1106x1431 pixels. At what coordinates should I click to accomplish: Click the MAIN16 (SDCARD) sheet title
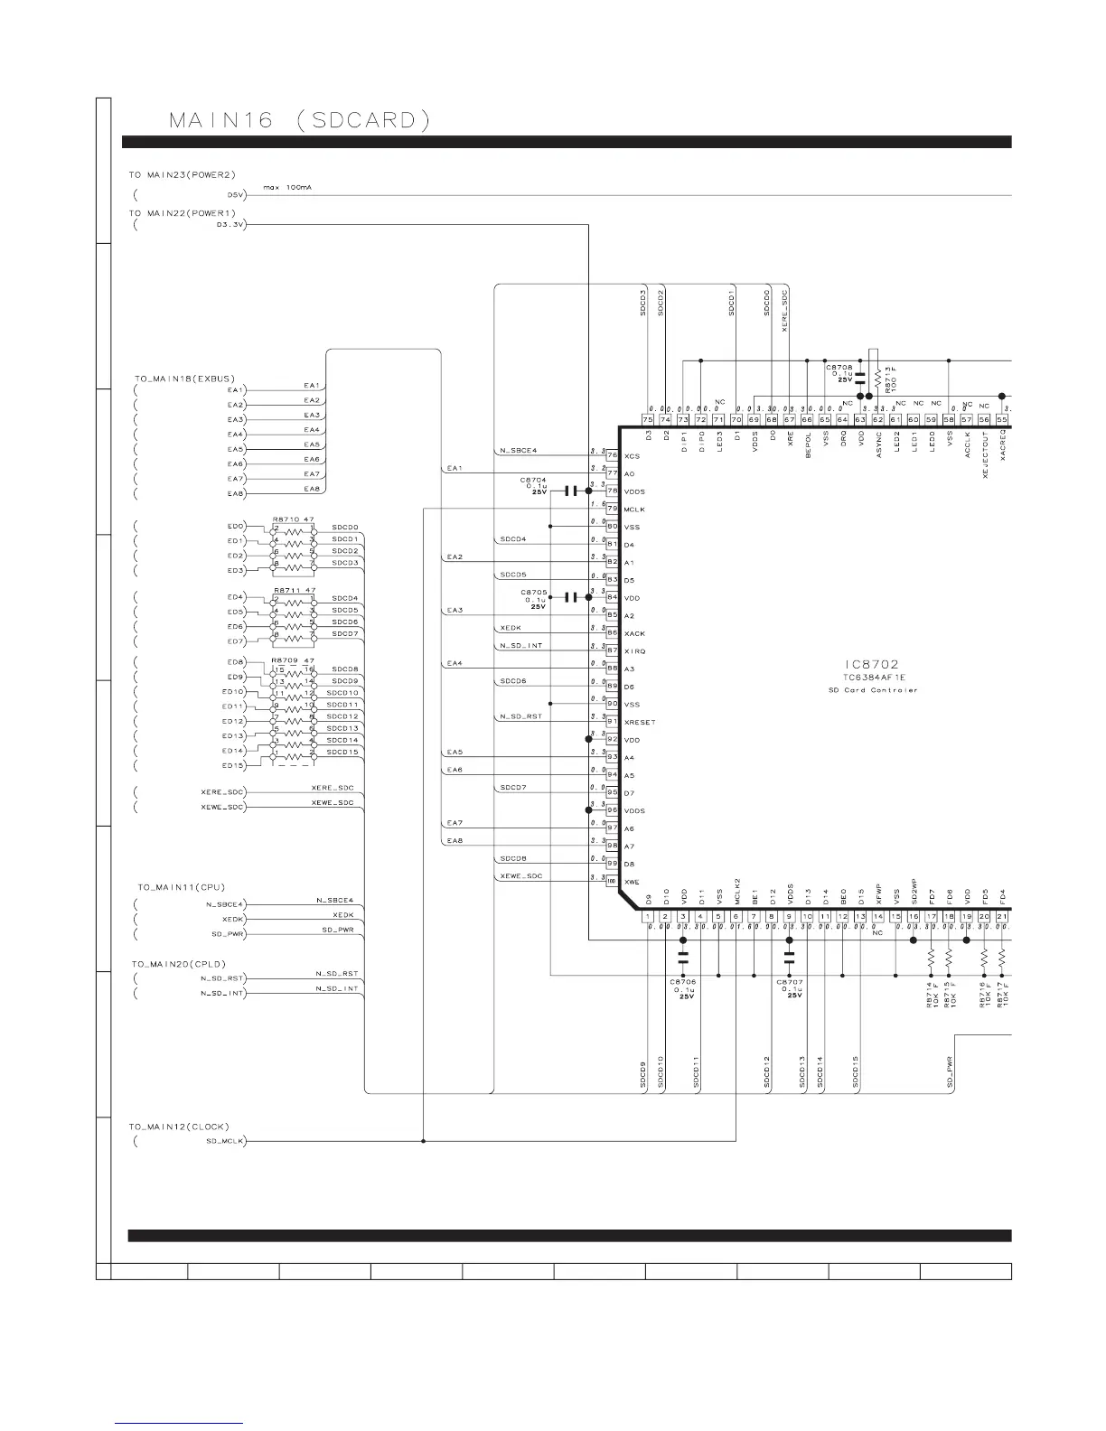point(299,119)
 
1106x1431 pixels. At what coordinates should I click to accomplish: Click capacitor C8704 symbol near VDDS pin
point(570,491)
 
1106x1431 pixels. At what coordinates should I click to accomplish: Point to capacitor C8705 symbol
point(570,597)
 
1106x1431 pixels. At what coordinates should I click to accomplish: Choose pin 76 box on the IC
point(612,455)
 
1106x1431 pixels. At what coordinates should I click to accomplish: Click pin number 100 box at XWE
point(612,881)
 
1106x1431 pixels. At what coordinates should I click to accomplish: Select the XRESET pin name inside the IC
point(640,722)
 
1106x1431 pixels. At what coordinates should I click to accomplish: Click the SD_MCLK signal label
point(220,1141)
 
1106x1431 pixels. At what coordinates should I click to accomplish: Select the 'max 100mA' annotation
point(288,188)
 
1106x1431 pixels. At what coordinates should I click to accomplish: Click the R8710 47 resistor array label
point(293,519)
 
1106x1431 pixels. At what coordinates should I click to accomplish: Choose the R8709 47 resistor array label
point(293,660)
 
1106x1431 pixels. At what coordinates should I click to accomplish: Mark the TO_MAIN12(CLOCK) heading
point(179,1127)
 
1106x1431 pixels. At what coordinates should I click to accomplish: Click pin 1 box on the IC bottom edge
point(648,917)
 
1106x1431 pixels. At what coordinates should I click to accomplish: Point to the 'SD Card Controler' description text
point(873,690)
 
